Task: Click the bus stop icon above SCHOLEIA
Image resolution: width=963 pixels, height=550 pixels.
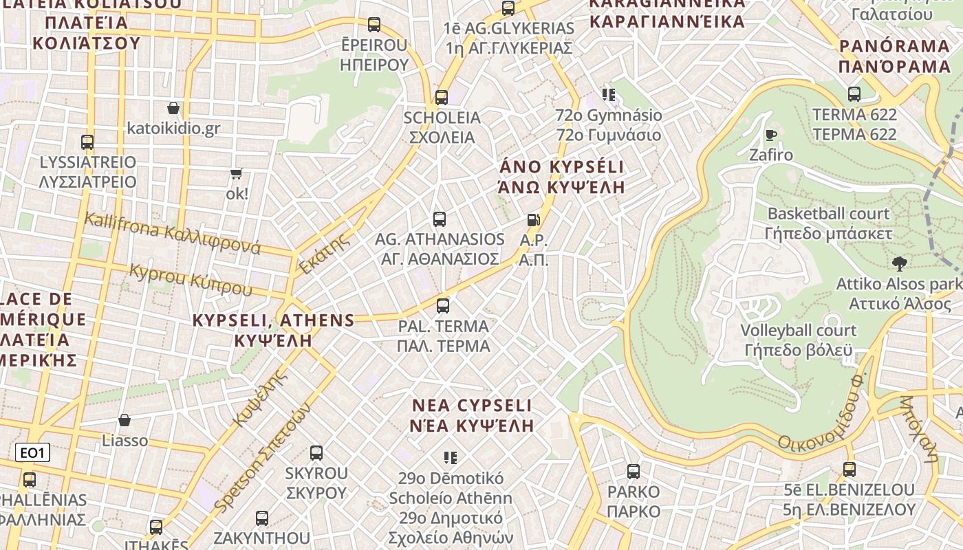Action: coord(442,98)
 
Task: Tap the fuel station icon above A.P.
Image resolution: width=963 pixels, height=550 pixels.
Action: coord(533,220)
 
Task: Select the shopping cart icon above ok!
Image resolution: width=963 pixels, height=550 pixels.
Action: coord(237,174)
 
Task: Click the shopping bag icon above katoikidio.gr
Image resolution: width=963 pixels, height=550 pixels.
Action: coord(173,108)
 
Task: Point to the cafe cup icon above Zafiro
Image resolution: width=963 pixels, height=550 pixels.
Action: coord(770,135)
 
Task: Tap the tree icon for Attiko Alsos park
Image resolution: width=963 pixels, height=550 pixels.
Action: coord(898,263)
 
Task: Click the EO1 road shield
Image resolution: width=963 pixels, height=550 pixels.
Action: coord(32,452)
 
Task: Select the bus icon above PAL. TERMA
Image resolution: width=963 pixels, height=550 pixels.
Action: coord(443,305)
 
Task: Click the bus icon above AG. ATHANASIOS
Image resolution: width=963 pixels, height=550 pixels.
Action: coord(440,219)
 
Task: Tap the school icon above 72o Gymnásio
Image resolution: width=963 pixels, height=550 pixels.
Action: coord(608,94)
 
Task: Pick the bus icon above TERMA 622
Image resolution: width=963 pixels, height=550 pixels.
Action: coord(854,94)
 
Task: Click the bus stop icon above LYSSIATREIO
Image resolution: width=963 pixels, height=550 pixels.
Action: coord(87,142)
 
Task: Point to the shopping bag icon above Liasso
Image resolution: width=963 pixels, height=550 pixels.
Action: coord(125,420)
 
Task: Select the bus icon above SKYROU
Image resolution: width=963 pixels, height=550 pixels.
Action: coord(316,453)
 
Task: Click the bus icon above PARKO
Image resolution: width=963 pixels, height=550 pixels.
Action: coord(634,472)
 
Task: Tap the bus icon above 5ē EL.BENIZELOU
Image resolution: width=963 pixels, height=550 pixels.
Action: coord(850,470)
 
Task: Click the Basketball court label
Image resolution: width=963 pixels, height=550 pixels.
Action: coord(828,214)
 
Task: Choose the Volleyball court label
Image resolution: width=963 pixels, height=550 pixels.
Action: coord(798,331)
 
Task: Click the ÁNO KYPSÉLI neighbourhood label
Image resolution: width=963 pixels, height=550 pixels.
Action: coord(562,167)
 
